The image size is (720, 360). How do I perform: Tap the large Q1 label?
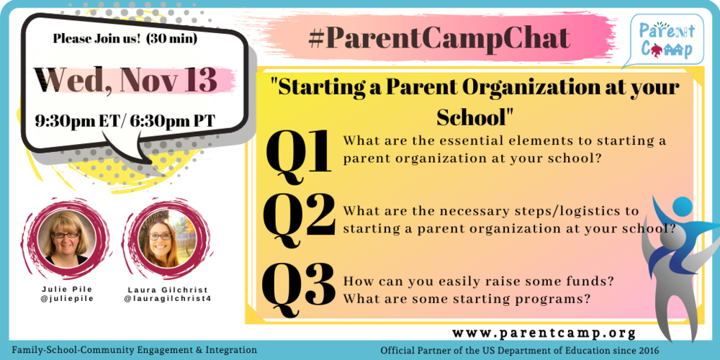298,153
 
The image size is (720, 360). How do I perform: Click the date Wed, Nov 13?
126,78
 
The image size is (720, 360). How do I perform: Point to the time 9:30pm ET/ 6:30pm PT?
125,120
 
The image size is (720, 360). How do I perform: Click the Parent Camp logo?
662,40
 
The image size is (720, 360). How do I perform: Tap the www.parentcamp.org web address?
544,333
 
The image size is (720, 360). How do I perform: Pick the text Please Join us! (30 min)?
125,37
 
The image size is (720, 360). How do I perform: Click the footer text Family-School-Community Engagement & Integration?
135,350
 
